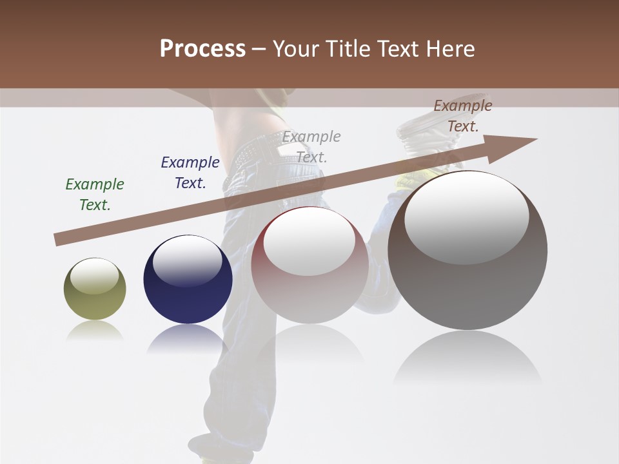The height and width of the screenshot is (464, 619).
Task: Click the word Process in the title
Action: [x=202, y=49]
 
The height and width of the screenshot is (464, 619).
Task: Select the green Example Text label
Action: [x=94, y=195]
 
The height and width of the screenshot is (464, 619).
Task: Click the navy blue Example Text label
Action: [x=190, y=173]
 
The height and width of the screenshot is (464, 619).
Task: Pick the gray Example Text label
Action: [x=311, y=147]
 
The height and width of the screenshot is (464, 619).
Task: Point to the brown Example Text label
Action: [x=462, y=116]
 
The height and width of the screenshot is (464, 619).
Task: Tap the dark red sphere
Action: [x=309, y=290]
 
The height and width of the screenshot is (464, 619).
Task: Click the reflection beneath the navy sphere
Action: [x=188, y=338]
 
